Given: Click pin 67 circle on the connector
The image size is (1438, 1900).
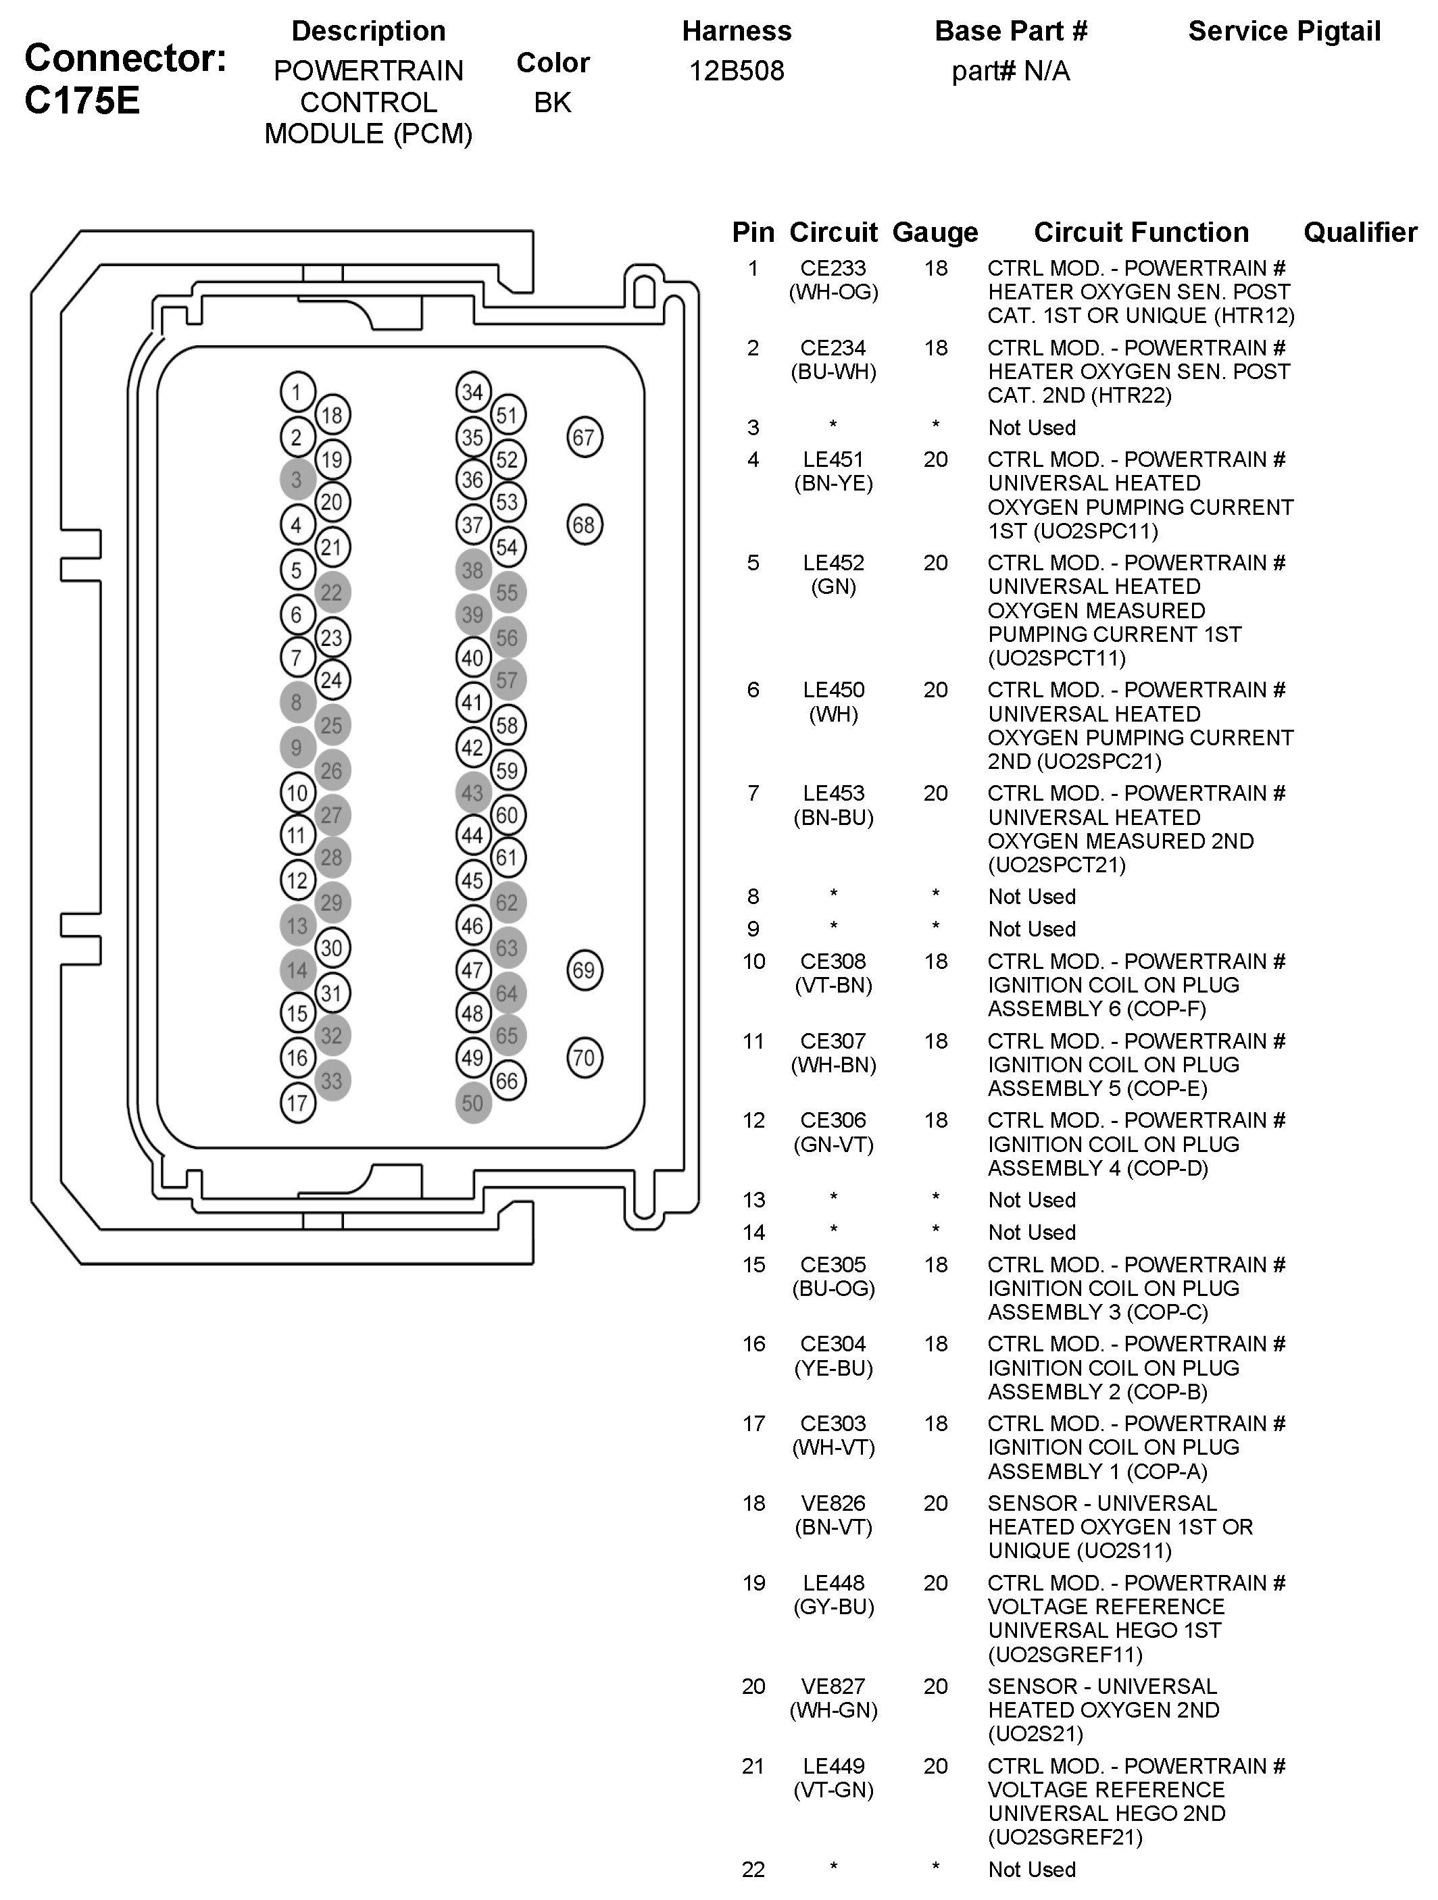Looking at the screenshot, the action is [584, 437].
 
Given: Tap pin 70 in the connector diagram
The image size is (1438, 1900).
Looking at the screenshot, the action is [584, 1057].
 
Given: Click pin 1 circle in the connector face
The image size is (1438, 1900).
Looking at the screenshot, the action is [297, 393].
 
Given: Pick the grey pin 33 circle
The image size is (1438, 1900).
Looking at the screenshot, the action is [332, 1080].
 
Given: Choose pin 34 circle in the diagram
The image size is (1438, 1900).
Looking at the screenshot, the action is [472, 393].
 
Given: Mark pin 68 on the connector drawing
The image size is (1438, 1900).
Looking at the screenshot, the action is [584, 525].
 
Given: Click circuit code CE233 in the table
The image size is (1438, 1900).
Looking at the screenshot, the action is [833, 269].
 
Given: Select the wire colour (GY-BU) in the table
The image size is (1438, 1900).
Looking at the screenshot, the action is [833, 1606].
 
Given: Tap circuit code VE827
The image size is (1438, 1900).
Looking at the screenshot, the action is [833, 1686].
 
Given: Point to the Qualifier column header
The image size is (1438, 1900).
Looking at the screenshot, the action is [1360, 232].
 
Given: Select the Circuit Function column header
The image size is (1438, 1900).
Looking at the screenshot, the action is [1141, 232].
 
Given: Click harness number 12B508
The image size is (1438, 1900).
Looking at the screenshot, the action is [736, 70].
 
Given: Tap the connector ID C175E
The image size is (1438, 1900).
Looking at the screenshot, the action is [82, 101].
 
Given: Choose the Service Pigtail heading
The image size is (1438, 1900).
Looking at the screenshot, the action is [1284, 32].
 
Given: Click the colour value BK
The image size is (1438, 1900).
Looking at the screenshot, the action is [552, 102].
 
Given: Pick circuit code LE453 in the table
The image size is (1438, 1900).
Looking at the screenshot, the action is [833, 793].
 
